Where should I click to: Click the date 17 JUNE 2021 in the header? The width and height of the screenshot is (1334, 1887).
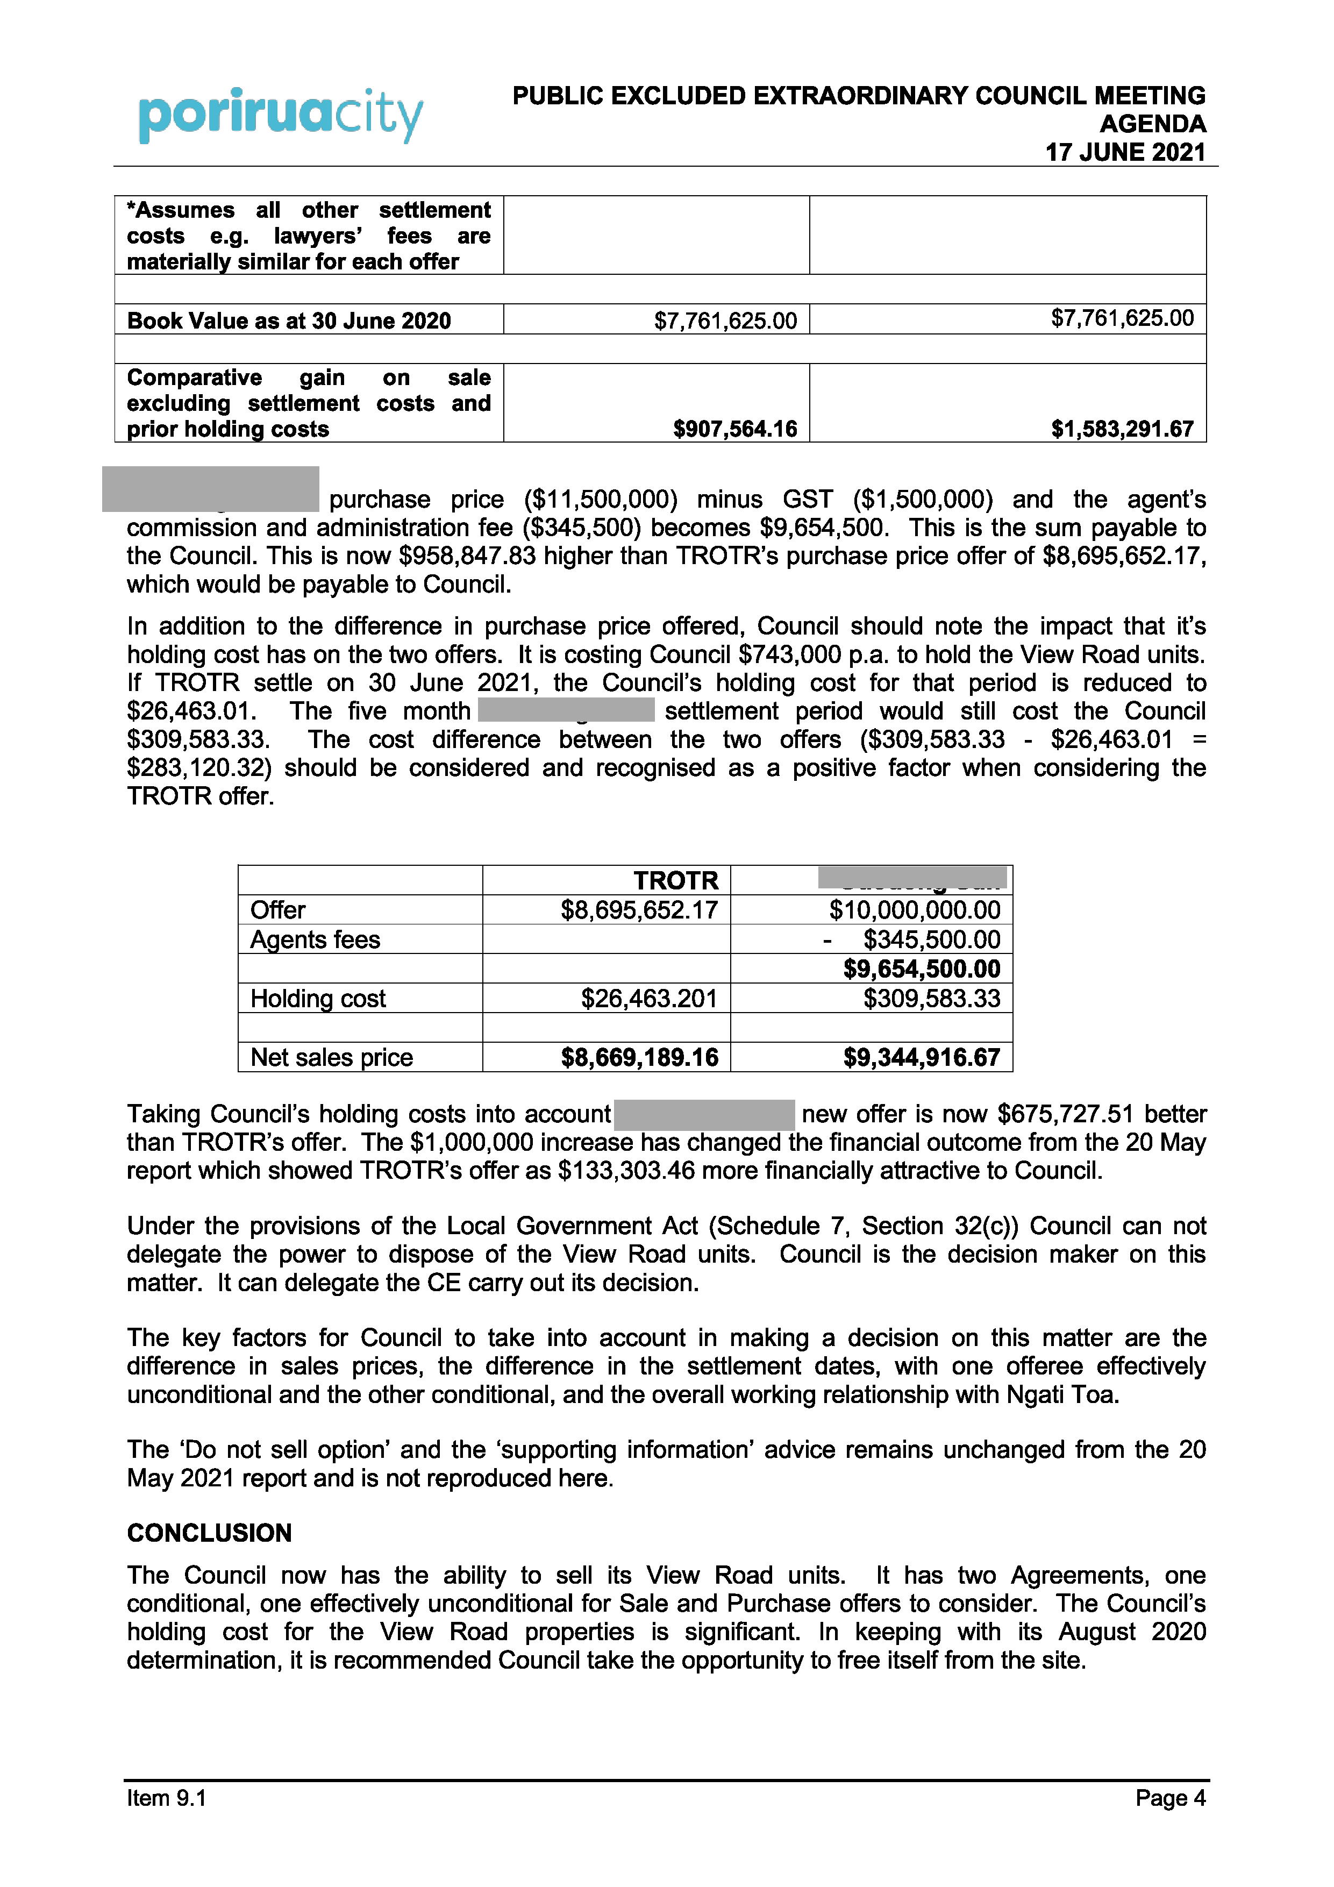tap(1124, 152)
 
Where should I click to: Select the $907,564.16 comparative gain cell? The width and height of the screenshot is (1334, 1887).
tap(735, 429)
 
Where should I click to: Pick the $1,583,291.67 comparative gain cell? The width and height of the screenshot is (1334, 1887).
tap(1122, 429)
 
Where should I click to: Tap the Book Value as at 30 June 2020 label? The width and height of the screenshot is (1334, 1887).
tap(289, 321)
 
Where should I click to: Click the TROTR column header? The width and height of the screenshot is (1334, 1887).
tap(676, 881)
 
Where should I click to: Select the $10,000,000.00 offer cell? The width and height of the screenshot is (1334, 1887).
tap(915, 910)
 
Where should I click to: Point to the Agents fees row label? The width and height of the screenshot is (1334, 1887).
tap(315, 939)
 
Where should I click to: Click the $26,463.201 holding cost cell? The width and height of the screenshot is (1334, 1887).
tap(648, 999)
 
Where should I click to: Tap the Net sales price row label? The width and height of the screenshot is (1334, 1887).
tap(331, 1057)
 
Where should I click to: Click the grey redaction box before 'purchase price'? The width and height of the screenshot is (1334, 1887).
tap(210, 489)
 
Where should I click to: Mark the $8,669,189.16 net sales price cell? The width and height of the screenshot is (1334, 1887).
tap(639, 1057)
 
